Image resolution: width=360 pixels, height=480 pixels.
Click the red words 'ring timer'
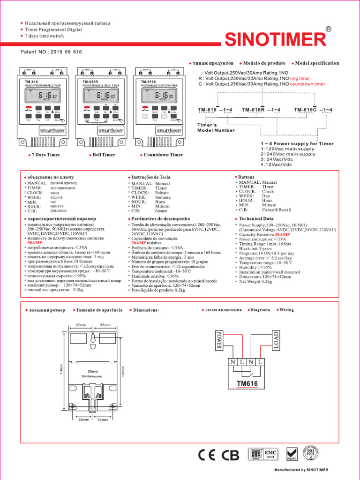tap(300, 79)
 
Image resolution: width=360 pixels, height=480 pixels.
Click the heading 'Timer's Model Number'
tap(216, 127)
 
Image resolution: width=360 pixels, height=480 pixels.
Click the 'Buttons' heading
tap(246, 177)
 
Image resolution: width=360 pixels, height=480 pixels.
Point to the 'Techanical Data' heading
tap(256, 219)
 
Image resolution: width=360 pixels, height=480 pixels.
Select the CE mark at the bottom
tap(207, 455)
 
